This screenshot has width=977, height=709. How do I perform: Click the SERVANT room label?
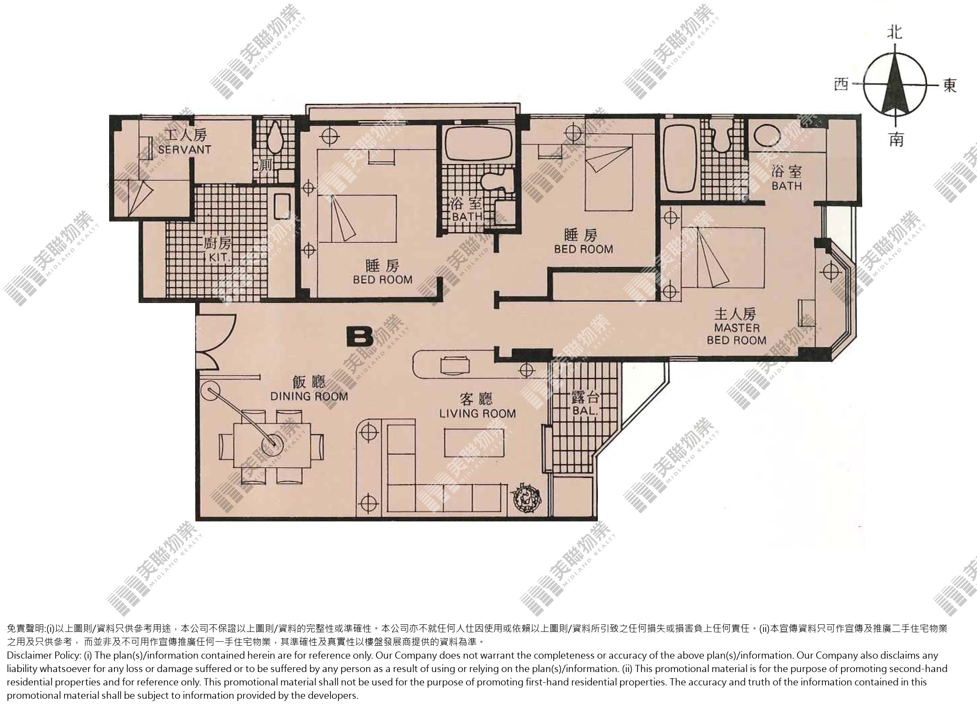(x=184, y=149)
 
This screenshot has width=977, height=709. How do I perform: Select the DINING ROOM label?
(x=309, y=396)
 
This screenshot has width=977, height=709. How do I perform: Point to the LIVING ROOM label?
(x=478, y=414)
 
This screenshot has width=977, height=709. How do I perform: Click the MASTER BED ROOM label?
(x=736, y=334)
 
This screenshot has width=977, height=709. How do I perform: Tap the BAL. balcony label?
(x=584, y=411)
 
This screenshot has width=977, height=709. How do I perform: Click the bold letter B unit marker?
(x=360, y=337)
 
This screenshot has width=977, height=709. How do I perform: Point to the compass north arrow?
(x=895, y=84)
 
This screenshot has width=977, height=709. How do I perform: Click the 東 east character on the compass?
(x=949, y=85)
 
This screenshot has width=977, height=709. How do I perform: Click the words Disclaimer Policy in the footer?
(x=43, y=656)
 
